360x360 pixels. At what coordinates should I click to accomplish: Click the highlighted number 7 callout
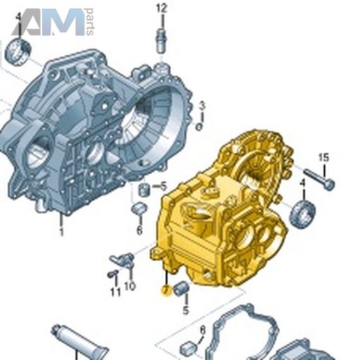click(x=166, y=290)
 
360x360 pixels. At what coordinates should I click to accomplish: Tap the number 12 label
click(x=162, y=9)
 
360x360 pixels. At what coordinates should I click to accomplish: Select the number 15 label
click(x=323, y=157)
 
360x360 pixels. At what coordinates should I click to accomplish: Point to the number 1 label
click(x=62, y=232)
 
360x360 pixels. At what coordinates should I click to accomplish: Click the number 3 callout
click(x=202, y=106)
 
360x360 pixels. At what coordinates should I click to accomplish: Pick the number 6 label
click(x=139, y=231)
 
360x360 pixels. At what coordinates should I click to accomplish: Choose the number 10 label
click(x=130, y=286)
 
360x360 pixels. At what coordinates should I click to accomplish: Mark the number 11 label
click(x=115, y=292)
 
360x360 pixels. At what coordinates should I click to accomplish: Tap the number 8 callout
click(x=202, y=330)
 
